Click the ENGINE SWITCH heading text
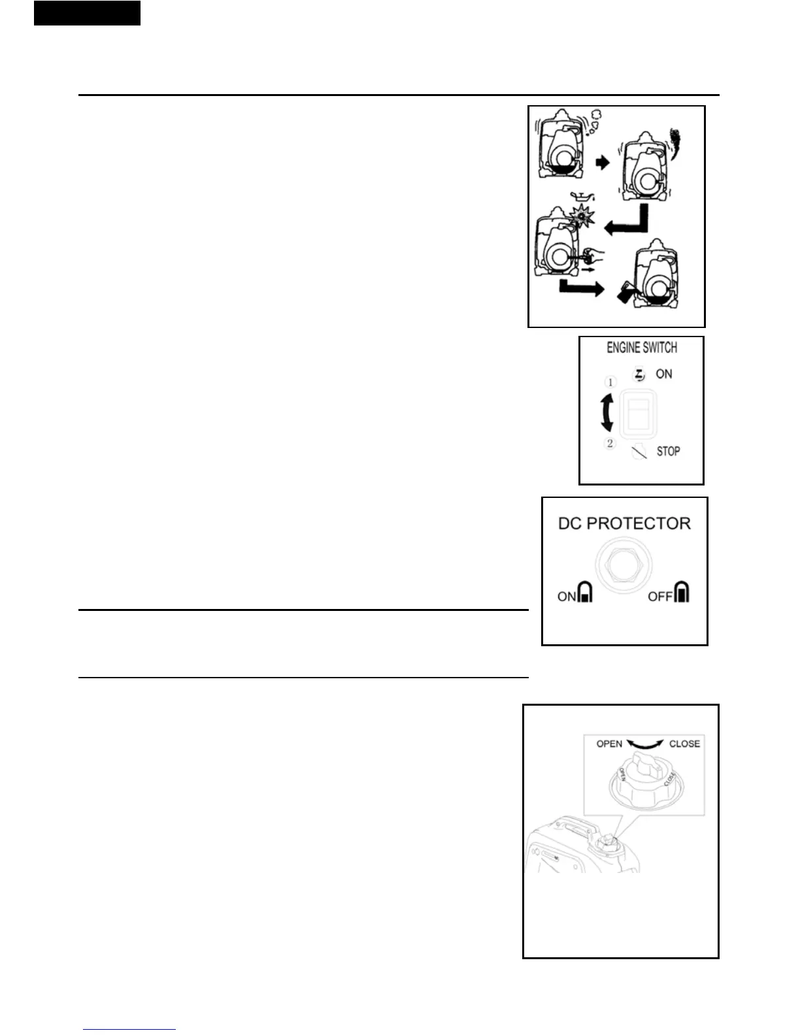click(641, 348)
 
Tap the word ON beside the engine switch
click(663, 374)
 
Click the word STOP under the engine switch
click(668, 451)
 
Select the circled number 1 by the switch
click(610, 382)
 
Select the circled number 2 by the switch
click(610, 443)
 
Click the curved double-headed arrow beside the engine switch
click(607, 413)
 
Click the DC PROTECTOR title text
click(624, 523)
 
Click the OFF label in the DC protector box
click(659, 596)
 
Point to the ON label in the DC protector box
click(566, 596)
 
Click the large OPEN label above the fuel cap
click(609, 744)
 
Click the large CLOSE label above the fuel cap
click(684, 744)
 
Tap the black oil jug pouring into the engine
click(626, 292)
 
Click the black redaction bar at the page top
click(87, 13)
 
